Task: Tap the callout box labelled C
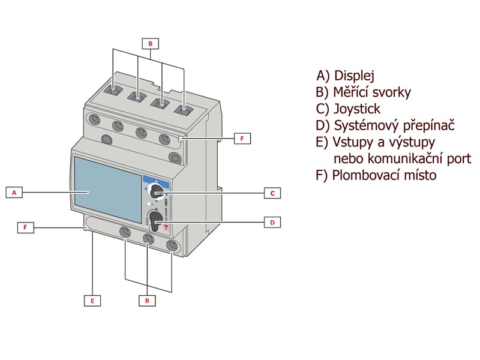pos(272,193)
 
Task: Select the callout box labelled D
pos(272,222)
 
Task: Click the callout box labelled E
pos(92,301)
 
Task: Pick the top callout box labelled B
pos(151,43)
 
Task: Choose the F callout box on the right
pos(242,139)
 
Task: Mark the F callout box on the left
pos(25,227)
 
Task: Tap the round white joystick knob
pos(157,191)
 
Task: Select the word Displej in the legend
pos(354,76)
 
